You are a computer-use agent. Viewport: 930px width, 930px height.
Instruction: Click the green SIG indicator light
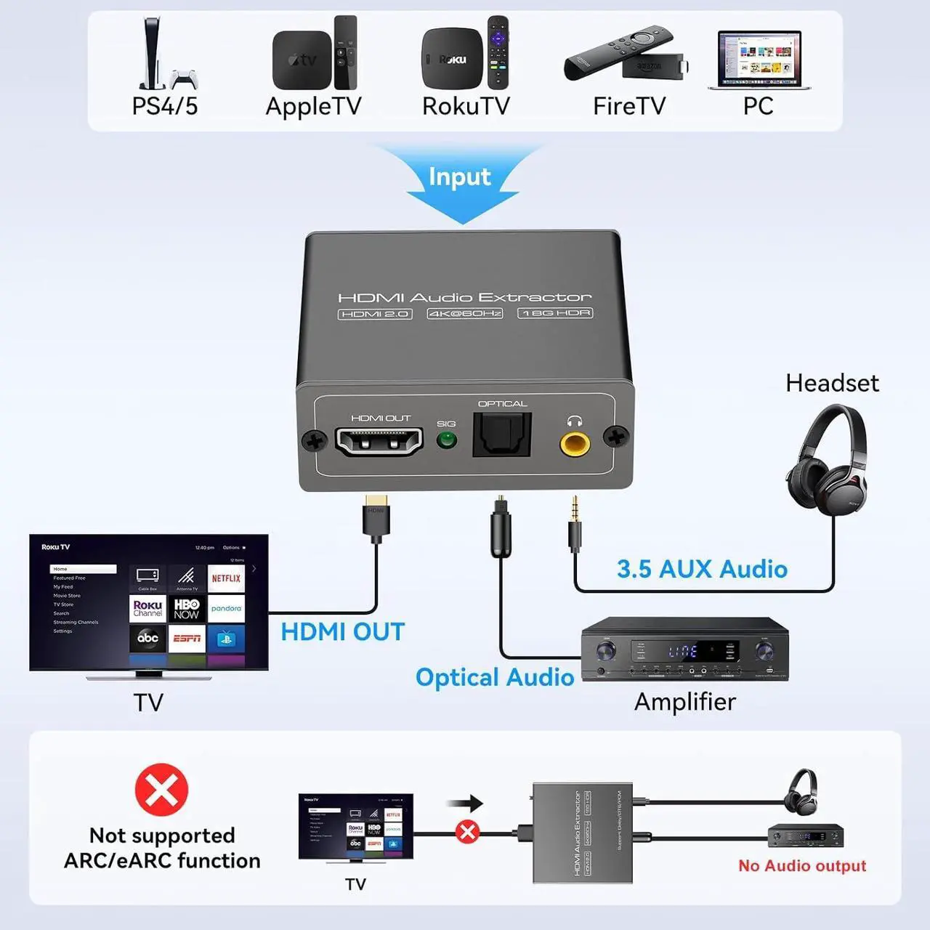point(446,440)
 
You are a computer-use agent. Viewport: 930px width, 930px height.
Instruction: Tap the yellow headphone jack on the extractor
point(575,442)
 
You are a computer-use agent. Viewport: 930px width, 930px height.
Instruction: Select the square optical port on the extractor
point(502,435)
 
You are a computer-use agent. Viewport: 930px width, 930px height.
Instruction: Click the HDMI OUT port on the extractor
point(379,441)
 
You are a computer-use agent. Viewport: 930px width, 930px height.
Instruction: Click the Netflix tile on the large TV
point(226,578)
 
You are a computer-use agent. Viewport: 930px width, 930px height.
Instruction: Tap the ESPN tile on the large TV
point(187,638)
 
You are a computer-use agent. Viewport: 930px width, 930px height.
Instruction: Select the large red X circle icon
point(161,790)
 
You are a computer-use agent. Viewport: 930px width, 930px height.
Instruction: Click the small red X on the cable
point(468,831)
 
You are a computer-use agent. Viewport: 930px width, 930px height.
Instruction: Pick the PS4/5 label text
point(165,106)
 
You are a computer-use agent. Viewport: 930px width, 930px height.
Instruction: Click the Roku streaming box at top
point(452,60)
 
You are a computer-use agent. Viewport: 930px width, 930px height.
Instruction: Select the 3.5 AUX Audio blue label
point(702,569)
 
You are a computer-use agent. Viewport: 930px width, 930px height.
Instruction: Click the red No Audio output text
point(802,865)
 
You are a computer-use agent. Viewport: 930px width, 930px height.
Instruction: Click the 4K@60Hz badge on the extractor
point(465,313)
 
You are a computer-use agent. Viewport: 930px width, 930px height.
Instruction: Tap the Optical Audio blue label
point(494,677)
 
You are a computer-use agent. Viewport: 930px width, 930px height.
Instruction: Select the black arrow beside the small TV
point(466,803)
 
